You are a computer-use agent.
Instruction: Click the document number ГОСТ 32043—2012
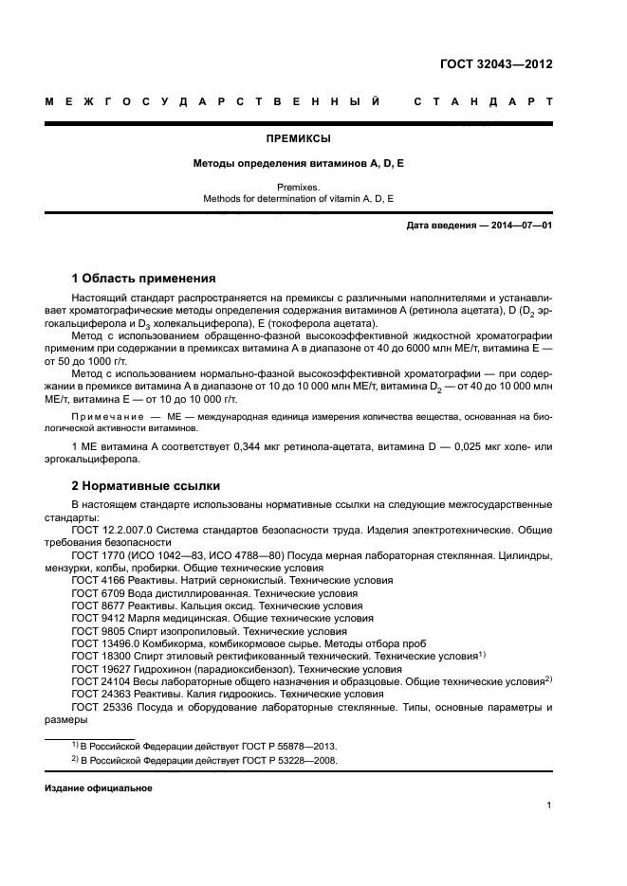(x=495, y=65)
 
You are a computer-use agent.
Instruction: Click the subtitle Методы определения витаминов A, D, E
(x=299, y=164)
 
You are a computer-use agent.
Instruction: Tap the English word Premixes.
(x=299, y=188)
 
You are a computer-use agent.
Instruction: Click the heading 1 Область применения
(x=143, y=279)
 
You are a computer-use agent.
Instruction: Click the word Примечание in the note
(x=104, y=416)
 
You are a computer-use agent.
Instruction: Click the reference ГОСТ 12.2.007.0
(x=116, y=531)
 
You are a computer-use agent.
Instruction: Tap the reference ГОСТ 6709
(x=97, y=592)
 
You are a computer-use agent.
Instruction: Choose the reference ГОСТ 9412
(x=97, y=618)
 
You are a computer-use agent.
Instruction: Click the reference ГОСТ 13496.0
(x=104, y=642)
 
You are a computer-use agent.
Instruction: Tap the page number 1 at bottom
(x=548, y=805)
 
